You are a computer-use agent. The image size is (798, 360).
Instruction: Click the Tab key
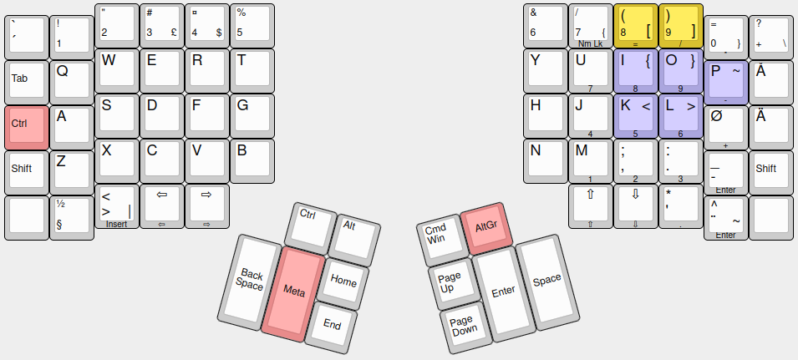point(27,81)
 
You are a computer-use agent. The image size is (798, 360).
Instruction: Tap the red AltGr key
point(485,227)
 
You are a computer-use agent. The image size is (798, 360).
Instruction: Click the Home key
point(343,281)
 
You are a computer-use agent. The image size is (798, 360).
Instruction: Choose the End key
point(331,324)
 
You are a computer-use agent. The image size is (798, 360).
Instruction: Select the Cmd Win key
point(437,234)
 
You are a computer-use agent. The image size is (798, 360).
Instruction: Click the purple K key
point(635,114)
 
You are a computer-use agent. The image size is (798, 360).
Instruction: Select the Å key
point(770,81)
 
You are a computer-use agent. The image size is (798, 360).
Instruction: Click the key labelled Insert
point(117,206)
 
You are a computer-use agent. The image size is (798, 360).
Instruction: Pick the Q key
point(72,81)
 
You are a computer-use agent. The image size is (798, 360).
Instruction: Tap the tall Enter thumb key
point(503,292)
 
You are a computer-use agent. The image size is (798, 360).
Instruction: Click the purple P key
point(725,81)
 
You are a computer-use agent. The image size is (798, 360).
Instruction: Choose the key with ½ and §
point(72,216)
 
